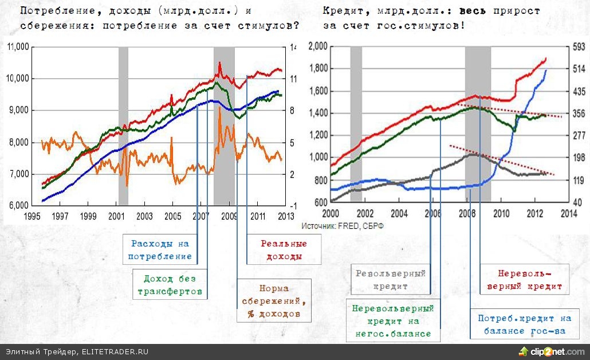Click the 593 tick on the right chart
577,47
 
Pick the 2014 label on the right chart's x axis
568,213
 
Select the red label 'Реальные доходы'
284,250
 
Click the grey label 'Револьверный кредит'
390,279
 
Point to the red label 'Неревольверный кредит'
524,279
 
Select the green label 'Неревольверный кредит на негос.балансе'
392,321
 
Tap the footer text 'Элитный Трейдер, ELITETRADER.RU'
77,351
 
